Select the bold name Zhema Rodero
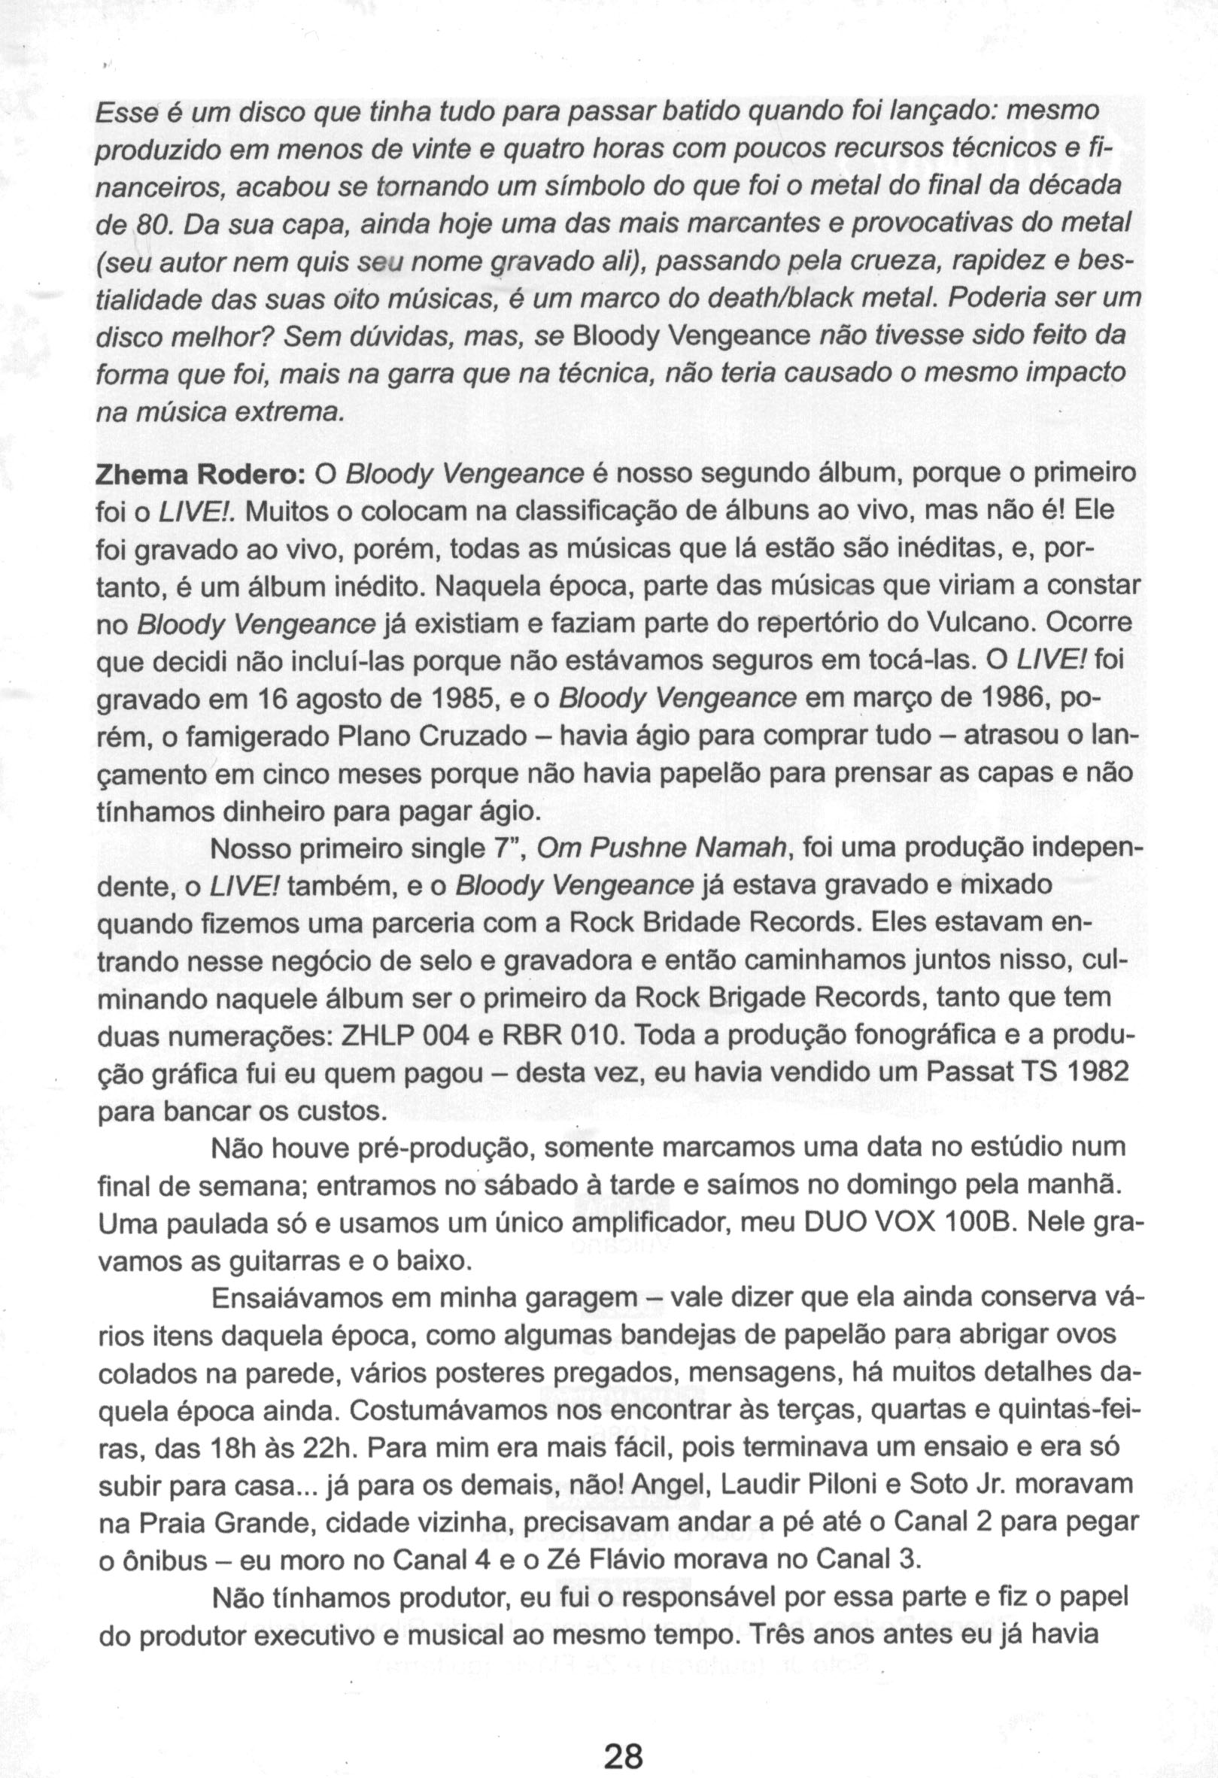(199, 475)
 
